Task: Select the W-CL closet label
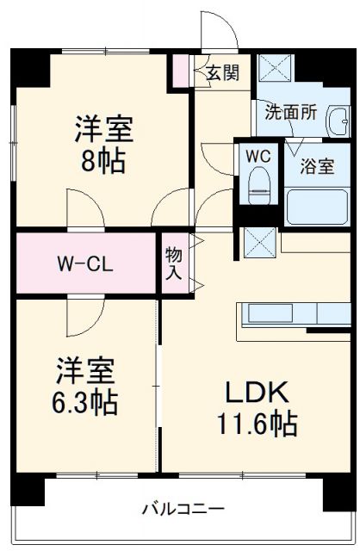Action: (x=83, y=262)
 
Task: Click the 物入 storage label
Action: (x=173, y=262)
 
